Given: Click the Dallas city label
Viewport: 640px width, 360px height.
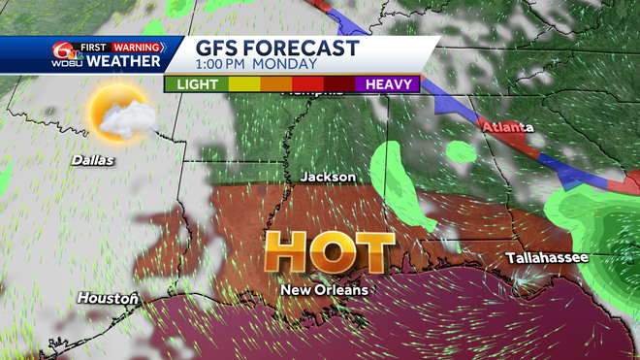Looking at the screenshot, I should (x=92, y=160).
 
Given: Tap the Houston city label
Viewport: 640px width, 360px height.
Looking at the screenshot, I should (x=108, y=298).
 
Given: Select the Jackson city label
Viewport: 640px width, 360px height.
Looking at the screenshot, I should (x=328, y=178).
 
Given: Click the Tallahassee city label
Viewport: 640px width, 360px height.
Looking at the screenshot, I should (x=543, y=258).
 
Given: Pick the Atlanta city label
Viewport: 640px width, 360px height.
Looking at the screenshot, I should (x=514, y=127).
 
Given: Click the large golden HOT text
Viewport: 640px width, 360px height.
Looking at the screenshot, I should (x=330, y=251).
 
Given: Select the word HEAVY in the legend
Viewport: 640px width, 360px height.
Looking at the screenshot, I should (x=392, y=84).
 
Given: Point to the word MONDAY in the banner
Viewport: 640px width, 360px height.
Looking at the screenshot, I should (x=286, y=65).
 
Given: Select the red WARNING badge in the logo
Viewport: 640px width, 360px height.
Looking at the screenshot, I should (x=137, y=46).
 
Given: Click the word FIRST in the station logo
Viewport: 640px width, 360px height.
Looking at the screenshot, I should (x=93, y=46).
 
